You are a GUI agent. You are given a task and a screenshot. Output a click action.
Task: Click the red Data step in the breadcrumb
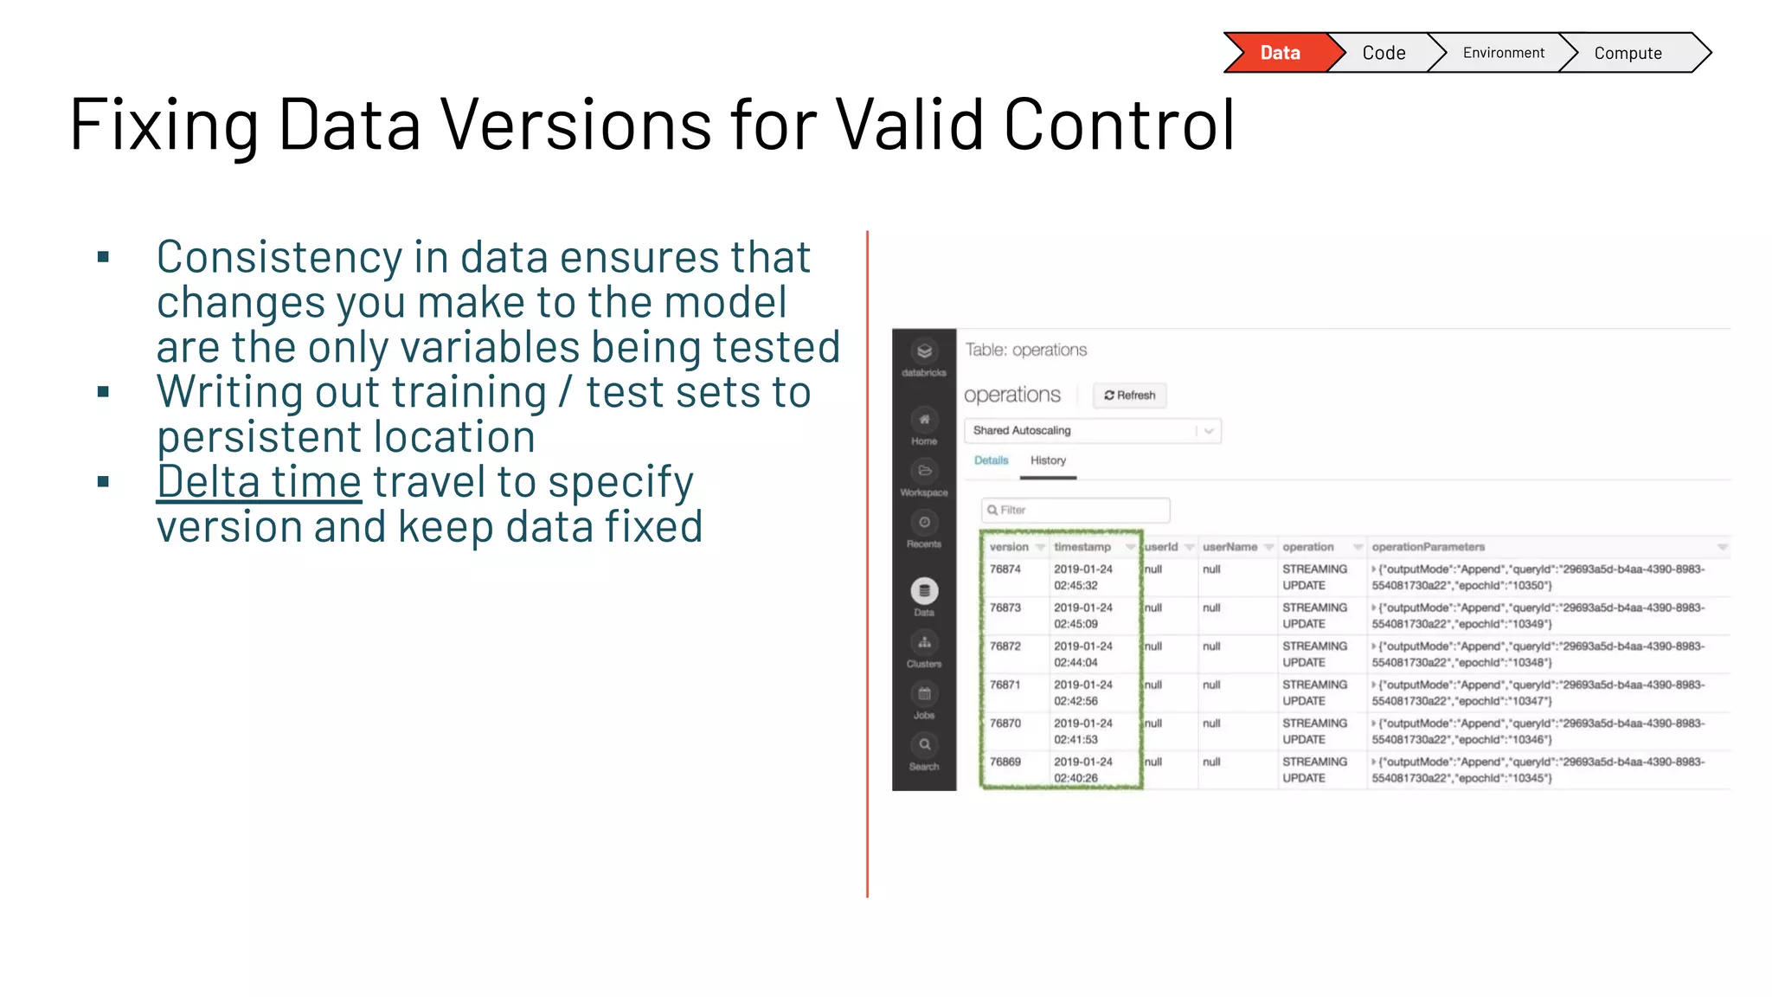click(1279, 53)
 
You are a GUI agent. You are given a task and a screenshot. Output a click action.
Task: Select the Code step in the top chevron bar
click(1384, 53)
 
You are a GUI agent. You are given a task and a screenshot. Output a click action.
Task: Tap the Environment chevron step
click(1503, 53)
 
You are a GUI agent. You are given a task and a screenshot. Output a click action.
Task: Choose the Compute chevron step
click(1628, 53)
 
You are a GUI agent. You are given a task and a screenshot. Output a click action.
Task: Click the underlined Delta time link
click(259, 482)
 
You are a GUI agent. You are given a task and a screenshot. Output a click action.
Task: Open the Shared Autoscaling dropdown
click(1092, 430)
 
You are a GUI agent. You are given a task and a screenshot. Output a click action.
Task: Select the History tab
click(1048, 460)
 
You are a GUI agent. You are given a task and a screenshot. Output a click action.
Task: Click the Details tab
click(991, 460)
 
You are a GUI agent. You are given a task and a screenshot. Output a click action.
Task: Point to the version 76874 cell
click(1005, 569)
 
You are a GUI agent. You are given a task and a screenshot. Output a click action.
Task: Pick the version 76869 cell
click(1005, 762)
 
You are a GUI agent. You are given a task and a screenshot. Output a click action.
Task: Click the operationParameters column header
click(1428, 547)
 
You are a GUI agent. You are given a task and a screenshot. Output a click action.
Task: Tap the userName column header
click(1229, 547)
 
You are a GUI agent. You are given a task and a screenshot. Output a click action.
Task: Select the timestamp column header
click(1082, 547)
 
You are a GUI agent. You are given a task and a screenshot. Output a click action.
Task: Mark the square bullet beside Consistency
click(104, 257)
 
